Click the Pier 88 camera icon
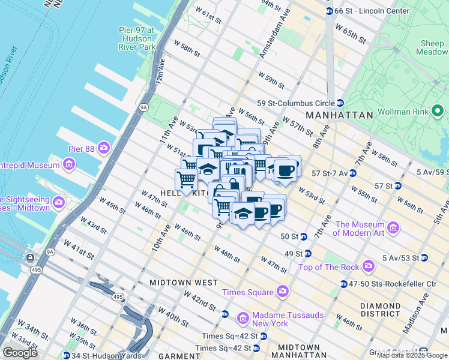104,147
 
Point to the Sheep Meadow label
432,47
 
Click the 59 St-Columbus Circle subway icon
340,103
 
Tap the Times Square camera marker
282,292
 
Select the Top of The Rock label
330,267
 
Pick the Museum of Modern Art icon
393,228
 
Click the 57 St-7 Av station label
329,173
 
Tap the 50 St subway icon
303,236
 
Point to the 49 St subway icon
307,254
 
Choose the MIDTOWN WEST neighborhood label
175,282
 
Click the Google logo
20,353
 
